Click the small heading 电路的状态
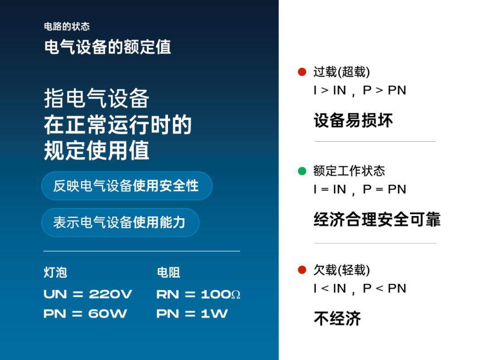67,27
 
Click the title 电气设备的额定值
108,47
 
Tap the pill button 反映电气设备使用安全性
126,186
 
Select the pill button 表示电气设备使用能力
120,222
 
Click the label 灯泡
55,272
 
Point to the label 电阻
168,272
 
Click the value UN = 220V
88,294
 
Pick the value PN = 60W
85,314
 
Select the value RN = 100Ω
198,294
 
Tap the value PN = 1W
192,314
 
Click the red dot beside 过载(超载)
302,72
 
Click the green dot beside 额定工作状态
302,171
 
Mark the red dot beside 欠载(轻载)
302,270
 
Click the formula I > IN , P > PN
360,91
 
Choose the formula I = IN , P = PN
360,190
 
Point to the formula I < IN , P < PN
360,289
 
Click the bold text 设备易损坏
353,121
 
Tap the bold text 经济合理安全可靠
377,220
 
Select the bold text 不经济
337,319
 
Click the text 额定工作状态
349,171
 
